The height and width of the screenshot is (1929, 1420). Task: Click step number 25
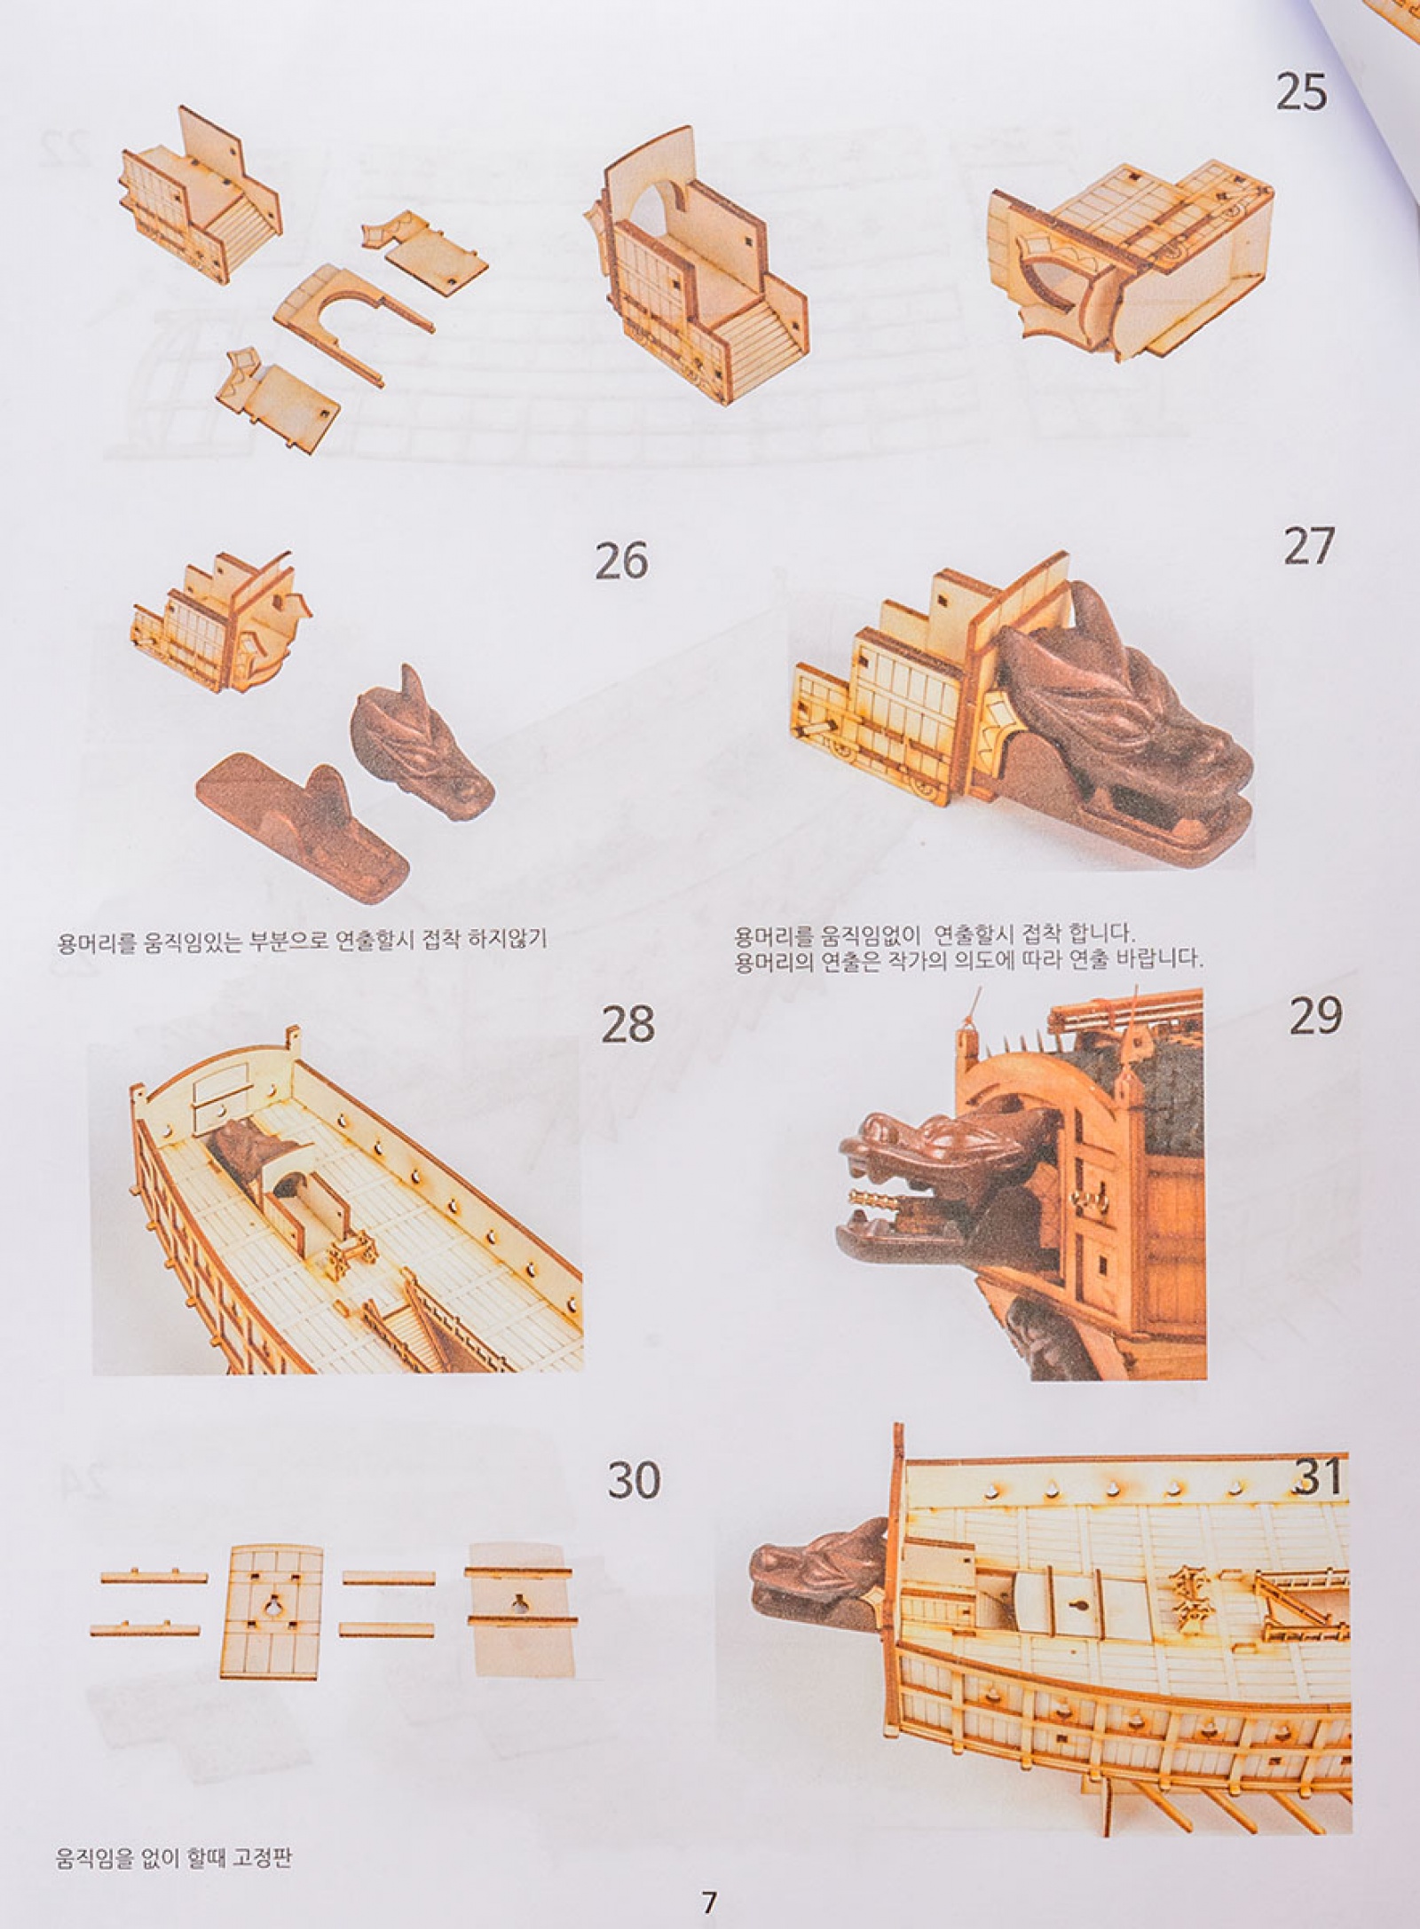pos(1301,91)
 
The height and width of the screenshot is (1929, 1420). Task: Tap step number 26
pos(621,560)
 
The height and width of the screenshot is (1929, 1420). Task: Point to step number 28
pos(628,1025)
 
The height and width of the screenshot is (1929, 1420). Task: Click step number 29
pos(1315,1015)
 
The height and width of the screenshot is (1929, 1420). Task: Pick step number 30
pos(634,1480)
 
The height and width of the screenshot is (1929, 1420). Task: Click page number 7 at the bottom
pos(708,1897)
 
